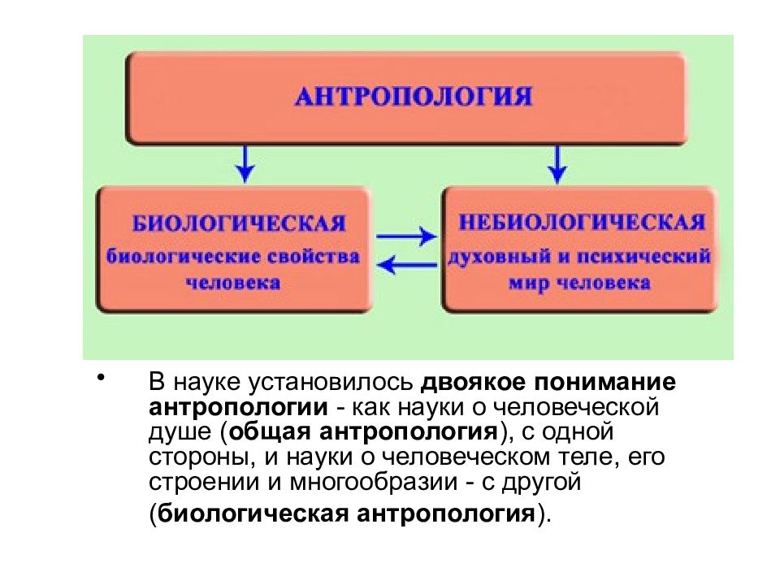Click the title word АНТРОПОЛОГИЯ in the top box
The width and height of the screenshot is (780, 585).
(414, 97)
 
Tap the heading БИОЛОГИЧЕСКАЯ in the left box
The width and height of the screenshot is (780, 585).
(239, 223)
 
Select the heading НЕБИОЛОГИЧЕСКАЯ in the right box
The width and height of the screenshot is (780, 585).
(582, 222)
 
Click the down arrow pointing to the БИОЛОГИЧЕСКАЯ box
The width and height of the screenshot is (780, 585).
(245, 163)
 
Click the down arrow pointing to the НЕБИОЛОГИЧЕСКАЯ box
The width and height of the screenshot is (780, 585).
(557, 163)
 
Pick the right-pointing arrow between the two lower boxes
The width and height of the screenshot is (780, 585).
(406, 236)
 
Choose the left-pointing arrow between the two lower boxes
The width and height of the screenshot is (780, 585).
(406, 264)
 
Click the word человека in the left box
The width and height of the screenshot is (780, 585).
(233, 284)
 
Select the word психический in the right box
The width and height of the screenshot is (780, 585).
(643, 257)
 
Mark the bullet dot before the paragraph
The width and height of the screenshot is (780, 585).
(101, 376)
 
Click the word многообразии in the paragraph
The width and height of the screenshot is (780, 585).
(374, 482)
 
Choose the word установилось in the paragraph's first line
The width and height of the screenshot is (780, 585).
(331, 383)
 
